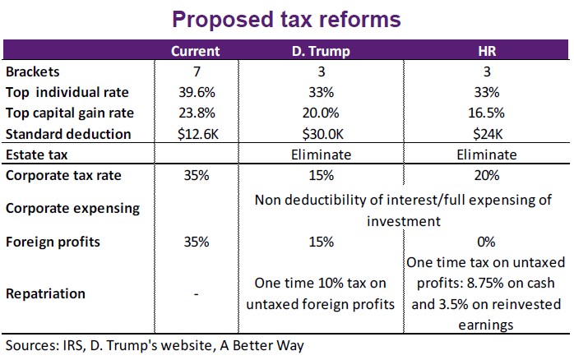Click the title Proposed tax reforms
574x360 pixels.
pyautogui.click(x=286, y=19)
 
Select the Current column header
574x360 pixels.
pyautogui.click(x=195, y=51)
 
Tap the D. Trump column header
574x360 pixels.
pyautogui.click(x=321, y=51)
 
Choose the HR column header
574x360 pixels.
pyautogui.click(x=486, y=51)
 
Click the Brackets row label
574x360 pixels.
pyautogui.click(x=32, y=72)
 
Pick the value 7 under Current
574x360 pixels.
pyautogui.click(x=195, y=72)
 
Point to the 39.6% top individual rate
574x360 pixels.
pyautogui.click(x=195, y=92)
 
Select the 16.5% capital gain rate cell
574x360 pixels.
pyautogui.click(x=486, y=113)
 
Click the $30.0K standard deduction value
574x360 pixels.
pyautogui.click(x=321, y=133)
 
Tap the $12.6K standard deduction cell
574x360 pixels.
pyautogui.click(x=195, y=133)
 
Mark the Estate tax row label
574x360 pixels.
pyautogui.click(x=37, y=155)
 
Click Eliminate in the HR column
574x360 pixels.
pyautogui.click(x=486, y=155)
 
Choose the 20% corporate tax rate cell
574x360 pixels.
pyautogui.click(x=486, y=175)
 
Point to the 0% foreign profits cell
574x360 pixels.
pyautogui.click(x=486, y=242)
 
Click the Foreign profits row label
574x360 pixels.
pyautogui.click(x=52, y=242)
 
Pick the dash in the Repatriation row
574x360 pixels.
pyautogui.click(x=195, y=293)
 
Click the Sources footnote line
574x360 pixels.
pyautogui.click(x=154, y=346)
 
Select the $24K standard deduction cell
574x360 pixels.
pyautogui.click(x=486, y=133)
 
